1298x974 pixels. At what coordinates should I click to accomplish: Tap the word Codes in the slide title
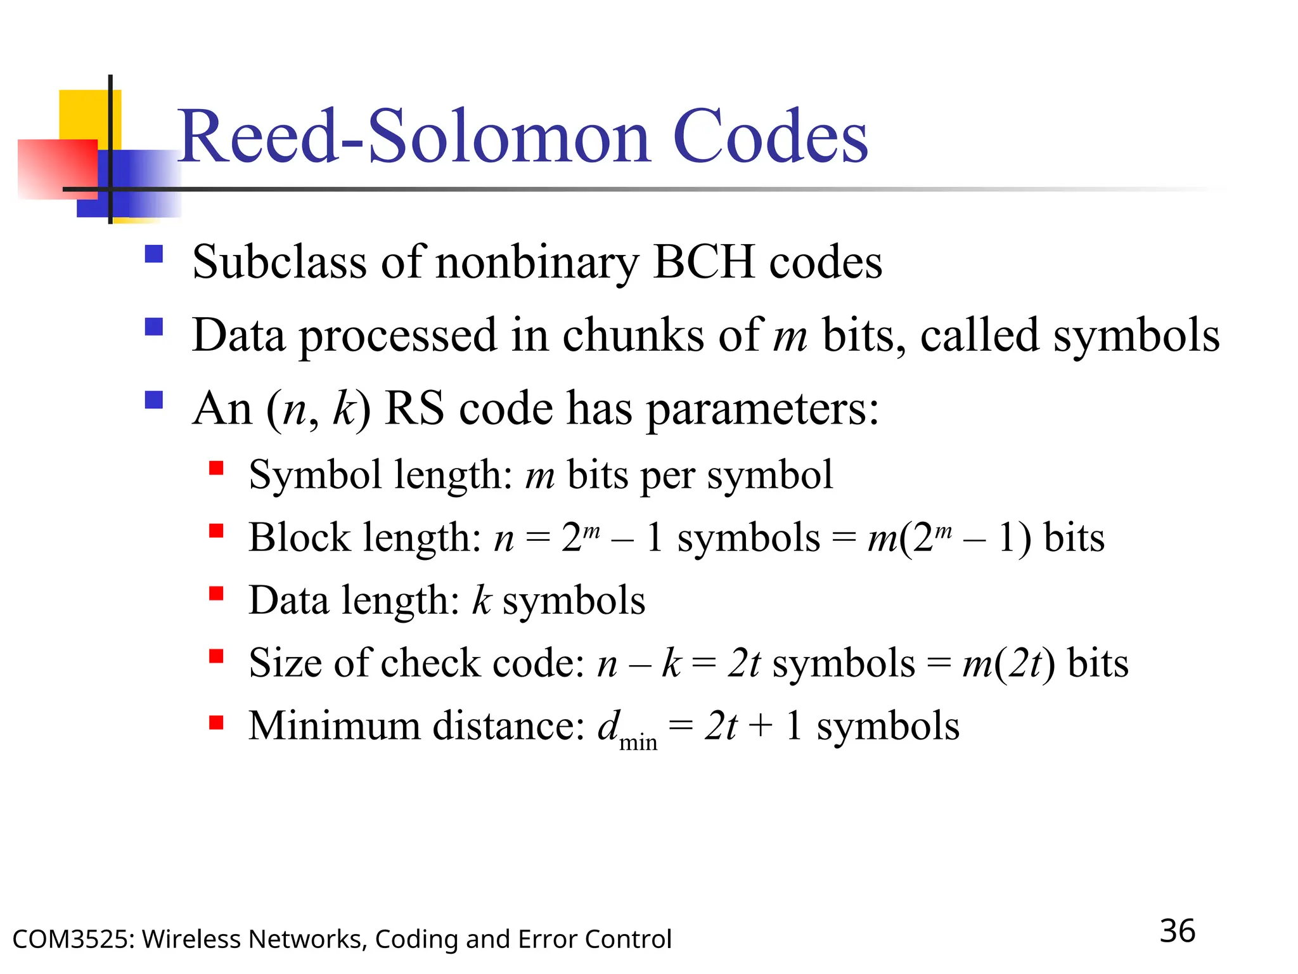coord(770,136)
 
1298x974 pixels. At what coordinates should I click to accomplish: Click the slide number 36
coord(1177,931)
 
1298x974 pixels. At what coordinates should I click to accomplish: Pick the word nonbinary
coord(537,263)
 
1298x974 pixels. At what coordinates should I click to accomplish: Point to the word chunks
coord(633,334)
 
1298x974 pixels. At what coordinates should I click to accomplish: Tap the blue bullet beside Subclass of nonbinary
coord(154,254)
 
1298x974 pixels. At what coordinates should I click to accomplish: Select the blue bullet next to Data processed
coord(154,327)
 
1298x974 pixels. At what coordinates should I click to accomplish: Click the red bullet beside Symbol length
coord(216,469)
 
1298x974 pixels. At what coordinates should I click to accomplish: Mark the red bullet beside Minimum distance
coord(216,722)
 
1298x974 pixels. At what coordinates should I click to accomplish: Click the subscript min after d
coord(638,742)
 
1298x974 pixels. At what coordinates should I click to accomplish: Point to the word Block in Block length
coord(299,538)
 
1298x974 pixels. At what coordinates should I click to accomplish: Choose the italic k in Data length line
coord(482,600)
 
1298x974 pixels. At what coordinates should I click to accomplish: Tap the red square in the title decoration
coord(57,168)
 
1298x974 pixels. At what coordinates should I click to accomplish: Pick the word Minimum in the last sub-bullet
coord(334,725)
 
